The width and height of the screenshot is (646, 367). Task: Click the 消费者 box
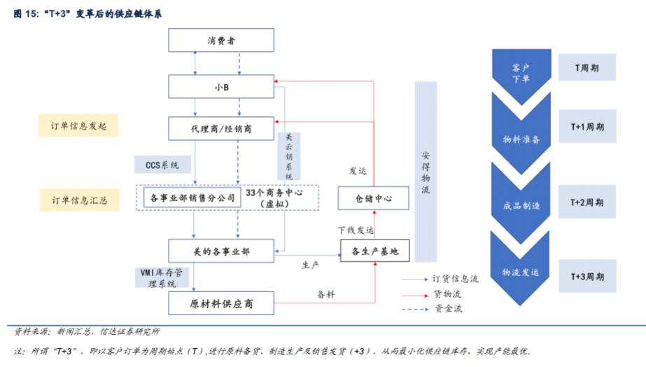(220, 41)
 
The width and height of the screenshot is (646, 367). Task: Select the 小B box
(220, 87)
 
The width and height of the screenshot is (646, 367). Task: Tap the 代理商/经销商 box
(220, 129)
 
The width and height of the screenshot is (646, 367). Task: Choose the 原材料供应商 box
(220, 303)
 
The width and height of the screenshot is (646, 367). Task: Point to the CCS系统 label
(162, 165)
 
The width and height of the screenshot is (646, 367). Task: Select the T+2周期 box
(587, 202)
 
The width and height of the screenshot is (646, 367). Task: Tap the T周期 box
(587, 68)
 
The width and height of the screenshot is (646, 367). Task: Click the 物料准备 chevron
(521, 139)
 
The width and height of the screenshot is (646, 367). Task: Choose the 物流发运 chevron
(521, 272)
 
